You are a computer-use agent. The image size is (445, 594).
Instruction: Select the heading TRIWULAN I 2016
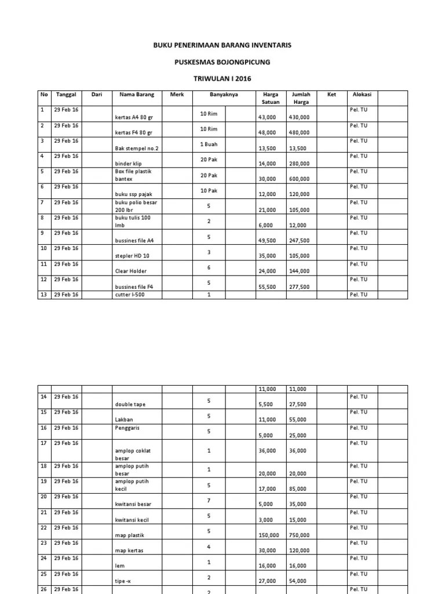point(222,79)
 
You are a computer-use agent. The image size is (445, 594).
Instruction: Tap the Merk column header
point(177,95)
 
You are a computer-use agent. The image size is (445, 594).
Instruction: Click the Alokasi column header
point(362,95)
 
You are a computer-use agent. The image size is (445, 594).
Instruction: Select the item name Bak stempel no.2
point(137,148)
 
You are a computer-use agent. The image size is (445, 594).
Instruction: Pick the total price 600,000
point(299,179)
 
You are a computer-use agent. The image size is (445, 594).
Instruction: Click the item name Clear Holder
point(131,271)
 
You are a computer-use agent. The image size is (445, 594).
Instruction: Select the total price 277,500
point(299,287)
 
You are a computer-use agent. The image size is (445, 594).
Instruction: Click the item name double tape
point(131,404)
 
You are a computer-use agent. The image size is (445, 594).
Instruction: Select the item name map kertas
point(129,550)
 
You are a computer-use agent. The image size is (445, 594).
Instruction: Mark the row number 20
point(43,497)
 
